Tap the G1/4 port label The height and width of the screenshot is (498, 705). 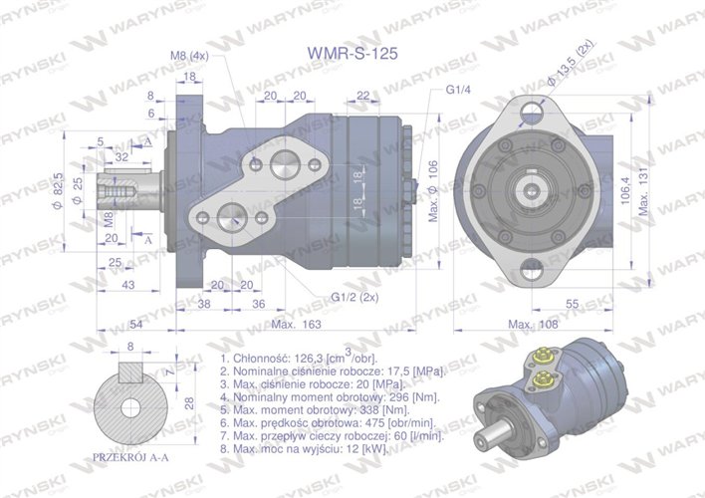tap(458, 90)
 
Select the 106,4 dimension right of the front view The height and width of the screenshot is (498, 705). tap(624, 188)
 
